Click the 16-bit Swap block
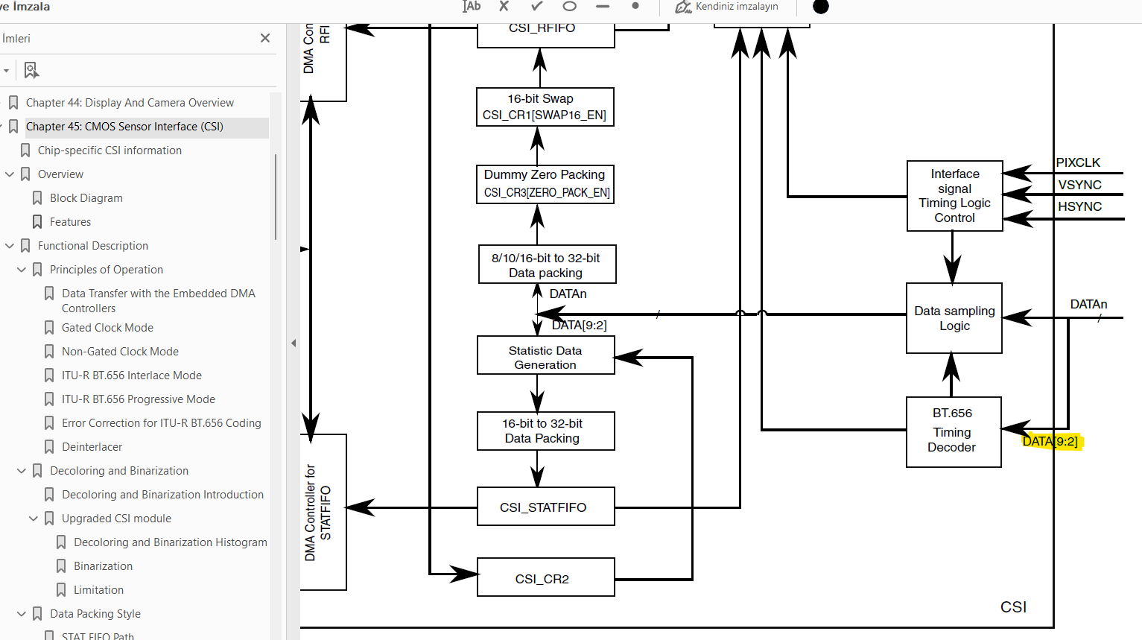(x=545, y=107)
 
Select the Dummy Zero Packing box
(x=545, y=183)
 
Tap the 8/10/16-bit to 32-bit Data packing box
(x=546, y=264)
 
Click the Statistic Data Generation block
(x=545, y=357)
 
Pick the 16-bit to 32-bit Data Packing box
(x=545, y=431)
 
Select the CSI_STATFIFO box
(x=545, y=507)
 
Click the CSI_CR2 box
(x=545, y=578)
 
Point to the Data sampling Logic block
(x=954, y=318)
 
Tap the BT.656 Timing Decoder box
(x=953, y=431)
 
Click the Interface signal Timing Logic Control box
(x=954, y=196)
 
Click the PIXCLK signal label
(x=1077, y=162)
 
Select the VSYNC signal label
(x=1079, y=185)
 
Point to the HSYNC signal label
(x=1079, y=206)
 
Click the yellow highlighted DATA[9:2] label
(x=1050, y=441)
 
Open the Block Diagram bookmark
(x=86, y=198)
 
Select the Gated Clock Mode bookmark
(x=107, y=328)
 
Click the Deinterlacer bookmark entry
(x=92, y=447)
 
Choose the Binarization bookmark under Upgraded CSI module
(x=103, y=566)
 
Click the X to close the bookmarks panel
(x=265, y=38)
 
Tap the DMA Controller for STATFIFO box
(x=323, y=513)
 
